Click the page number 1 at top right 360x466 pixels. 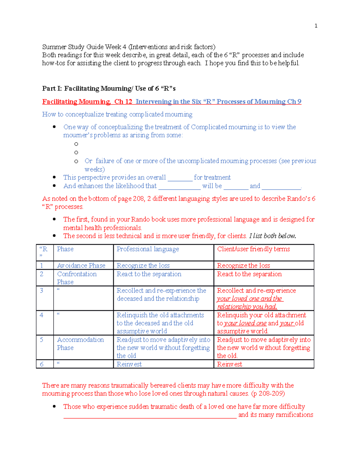pos(316,26)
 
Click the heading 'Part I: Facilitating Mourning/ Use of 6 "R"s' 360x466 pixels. pos(109,89)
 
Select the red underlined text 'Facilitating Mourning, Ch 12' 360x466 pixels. pos(87,102)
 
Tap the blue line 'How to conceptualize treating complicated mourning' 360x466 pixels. pos(117,114)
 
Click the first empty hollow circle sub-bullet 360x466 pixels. pos(76,144)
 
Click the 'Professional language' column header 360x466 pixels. pos(148,249)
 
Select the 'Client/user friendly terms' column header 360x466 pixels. pos(253,249)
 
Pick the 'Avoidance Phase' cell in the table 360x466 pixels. pos(81,266)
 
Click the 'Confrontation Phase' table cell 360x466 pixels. pos(77,278)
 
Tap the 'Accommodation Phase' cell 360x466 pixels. pos(80,344)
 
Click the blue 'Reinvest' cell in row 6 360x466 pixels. pos(129,364)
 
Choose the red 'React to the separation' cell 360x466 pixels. pos(249,274)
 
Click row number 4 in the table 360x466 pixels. pos(41,315)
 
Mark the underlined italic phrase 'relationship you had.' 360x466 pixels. pos(247,307)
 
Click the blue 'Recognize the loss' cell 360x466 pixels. pos(143,266)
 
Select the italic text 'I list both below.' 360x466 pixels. pos(272,236)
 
